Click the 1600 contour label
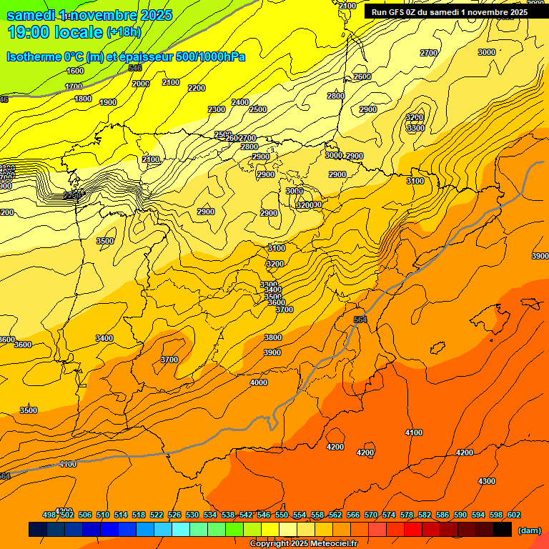[75, 71]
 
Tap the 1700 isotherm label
[74, 86]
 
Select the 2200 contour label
[197, 88]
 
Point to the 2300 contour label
[217, 109]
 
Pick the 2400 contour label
[240, 102]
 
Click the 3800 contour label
[272, 337]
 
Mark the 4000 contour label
[259, 382]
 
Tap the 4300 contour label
[487, 481]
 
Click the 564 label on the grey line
[361, 320]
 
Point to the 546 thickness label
[134, 68]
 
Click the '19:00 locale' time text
[56, 31]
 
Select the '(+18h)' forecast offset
[124, 32]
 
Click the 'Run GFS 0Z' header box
[450, 12]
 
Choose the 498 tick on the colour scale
[49, 515]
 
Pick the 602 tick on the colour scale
[513, 515]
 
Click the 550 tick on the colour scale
[282, 515]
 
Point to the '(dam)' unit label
[529, 530]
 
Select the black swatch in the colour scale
[503, 530]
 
